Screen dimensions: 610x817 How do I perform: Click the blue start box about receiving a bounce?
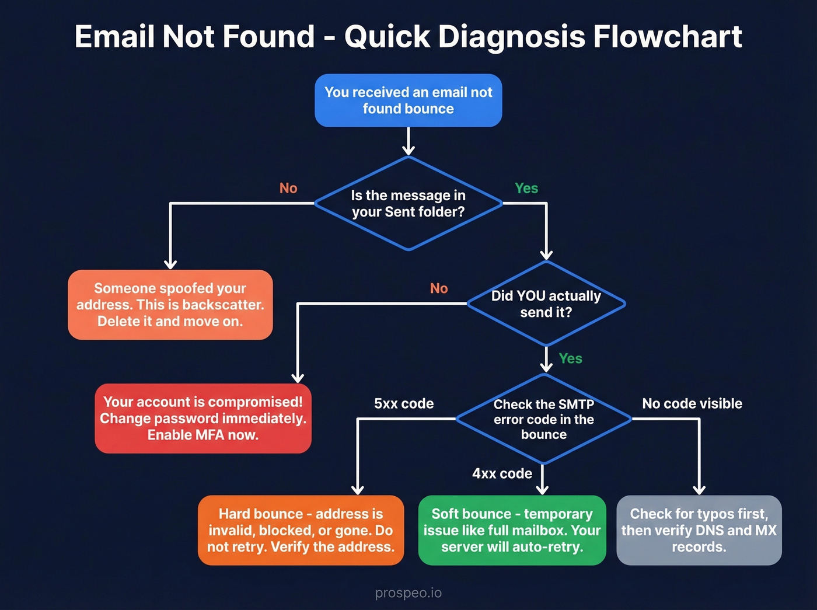coord(408,100)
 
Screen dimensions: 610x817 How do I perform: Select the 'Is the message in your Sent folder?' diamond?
coord(408,204)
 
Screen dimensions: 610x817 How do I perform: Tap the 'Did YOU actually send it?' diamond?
coord(546,304)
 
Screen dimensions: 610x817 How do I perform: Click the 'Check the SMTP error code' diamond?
coord(543,419)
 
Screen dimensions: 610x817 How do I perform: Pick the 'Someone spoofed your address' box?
coord(170,305)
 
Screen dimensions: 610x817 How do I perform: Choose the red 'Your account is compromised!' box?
coord(202,419)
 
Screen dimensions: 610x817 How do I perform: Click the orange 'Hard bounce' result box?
coord(301,531)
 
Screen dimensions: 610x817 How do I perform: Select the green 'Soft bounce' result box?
coord(512,531)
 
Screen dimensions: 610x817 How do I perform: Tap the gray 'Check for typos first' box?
coord(699,531)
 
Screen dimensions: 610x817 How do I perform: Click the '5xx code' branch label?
coord(404,404)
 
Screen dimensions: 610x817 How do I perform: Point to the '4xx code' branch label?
coord(502,473)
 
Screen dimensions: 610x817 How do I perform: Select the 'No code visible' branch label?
coord(692,404)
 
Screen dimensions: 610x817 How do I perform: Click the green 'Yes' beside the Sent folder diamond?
coord(526,188)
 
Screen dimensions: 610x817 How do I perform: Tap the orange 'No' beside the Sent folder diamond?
coord(288,188)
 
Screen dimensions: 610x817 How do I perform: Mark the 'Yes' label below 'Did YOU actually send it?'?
coord(570,358)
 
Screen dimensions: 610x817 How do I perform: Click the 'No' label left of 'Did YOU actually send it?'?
coord(439,288)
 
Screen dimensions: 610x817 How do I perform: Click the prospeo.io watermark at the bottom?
coord(408,593)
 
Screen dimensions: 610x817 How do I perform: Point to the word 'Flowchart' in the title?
coord(667,37)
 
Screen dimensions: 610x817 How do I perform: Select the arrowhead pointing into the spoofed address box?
coord(170,264)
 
